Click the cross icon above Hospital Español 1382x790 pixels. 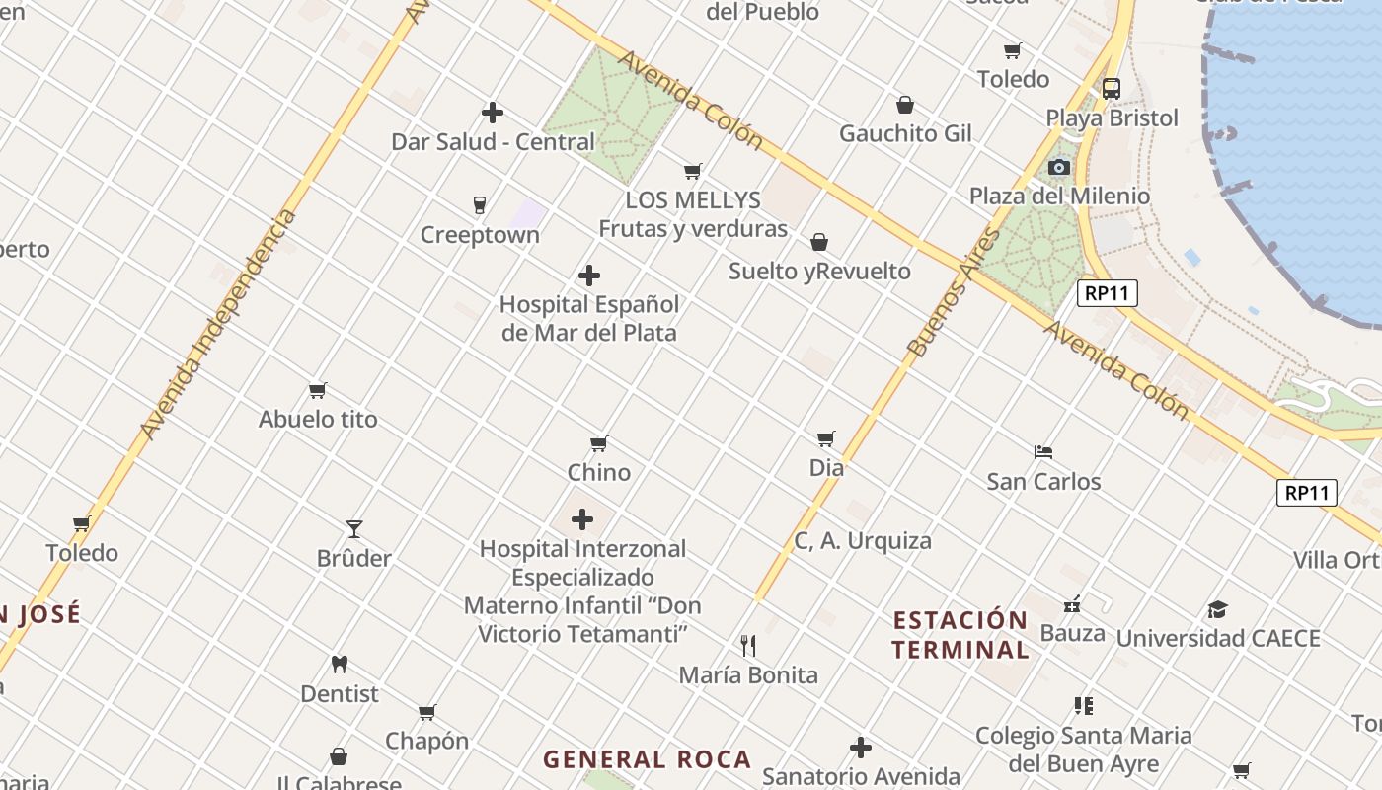589,276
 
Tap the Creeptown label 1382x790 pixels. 480,235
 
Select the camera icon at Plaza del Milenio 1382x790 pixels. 1059,167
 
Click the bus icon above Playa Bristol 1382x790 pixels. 1112,88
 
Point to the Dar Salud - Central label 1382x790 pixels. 493,142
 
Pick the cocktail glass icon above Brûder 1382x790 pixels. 354,529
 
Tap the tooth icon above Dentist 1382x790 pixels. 340,665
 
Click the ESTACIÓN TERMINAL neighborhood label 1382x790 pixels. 960,635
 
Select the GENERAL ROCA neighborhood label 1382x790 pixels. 648,759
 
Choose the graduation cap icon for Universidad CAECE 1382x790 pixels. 1218,609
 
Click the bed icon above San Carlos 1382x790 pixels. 1043,452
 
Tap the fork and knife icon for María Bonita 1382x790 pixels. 748,646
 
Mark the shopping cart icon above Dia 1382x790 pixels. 826,438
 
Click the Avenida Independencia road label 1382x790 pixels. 218,325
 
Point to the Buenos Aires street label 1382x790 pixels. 955,292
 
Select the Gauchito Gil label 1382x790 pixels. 905,133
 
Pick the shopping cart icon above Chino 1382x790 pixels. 599,443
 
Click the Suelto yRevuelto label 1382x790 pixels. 819,271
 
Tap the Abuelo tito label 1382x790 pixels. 318,420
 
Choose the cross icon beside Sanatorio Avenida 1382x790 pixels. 861,748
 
